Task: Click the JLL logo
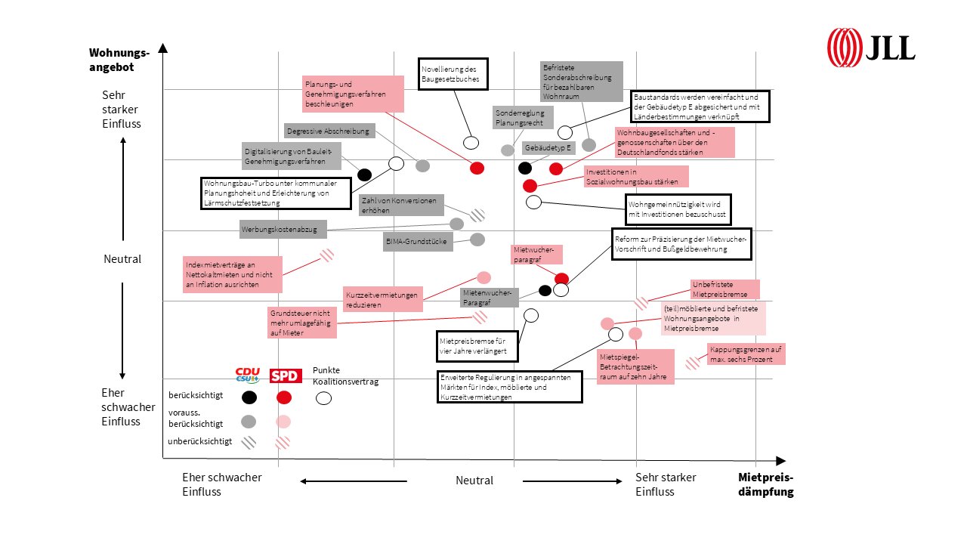click(871, 48)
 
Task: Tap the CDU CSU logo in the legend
click(247, 376)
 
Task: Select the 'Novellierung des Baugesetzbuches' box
click(453, 74)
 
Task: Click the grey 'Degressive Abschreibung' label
click(329, 131)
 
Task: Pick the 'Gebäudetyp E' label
click(548, 147)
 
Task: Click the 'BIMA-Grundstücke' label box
click(418, 242)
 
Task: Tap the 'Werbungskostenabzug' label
click(283, 229)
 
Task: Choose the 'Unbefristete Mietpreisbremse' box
click(724, 289)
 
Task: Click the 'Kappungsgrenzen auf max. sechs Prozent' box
click(746, 354)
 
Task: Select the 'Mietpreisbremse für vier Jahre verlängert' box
click(477, 346)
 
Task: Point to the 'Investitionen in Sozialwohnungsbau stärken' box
click(636, 177)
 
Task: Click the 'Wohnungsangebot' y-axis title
click(119, 60)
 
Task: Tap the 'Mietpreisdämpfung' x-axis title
click(766, 484)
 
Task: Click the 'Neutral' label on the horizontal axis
click(474, 480)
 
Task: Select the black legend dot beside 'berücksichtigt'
click(249, 397)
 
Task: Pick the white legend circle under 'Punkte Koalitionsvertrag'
click(323, 398)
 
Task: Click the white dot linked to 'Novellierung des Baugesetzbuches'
click(471, 143)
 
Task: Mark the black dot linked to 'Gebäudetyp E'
click(525, 168)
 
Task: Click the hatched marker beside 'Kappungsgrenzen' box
click(693, 363)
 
